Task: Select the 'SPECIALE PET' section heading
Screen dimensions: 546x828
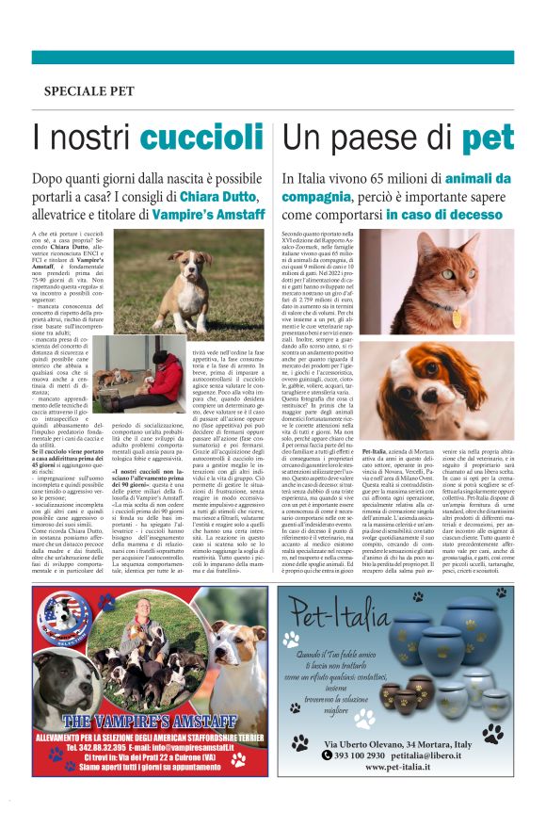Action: pos(88,91)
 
